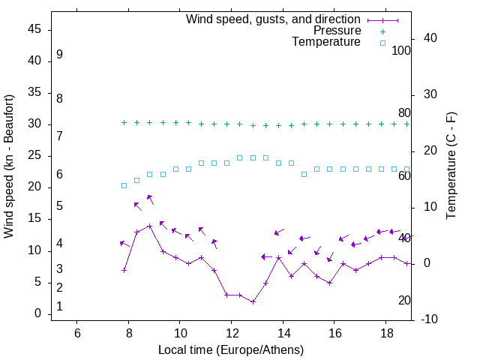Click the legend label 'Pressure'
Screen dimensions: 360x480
pos(337,31)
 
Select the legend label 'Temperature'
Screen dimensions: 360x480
pos(326,43)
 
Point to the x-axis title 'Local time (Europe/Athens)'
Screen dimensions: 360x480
pos(231,350)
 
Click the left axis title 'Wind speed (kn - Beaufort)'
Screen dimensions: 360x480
pos(9,166)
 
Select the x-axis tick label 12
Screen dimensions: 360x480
pos(231,332)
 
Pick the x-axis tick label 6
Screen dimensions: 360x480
pos(77,332)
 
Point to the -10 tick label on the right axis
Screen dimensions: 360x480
pos(430,319)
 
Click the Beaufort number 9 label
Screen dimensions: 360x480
pos(59,55)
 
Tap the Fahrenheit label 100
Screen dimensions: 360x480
pos(401,51)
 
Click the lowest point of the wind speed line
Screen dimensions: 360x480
pos(253,301)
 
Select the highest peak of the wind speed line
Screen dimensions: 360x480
pos(150,226)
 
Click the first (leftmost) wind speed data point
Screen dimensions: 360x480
pos(124,270)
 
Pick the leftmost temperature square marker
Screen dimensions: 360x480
pos(124,185)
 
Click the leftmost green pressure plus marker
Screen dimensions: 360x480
pos(124,122)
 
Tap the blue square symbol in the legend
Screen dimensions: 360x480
pos(382,43)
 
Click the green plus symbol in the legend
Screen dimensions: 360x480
pos(382,31)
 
